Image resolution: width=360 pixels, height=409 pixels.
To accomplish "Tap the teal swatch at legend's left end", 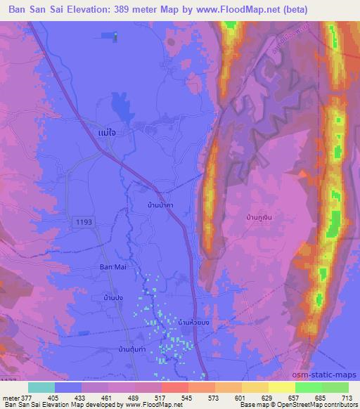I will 41,387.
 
